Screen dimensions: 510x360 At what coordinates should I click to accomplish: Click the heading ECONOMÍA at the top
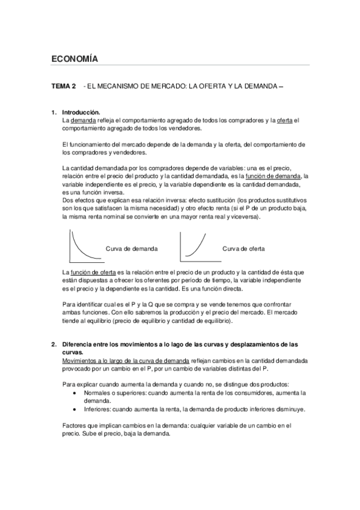75,58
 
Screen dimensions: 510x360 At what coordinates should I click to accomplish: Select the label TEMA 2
64,87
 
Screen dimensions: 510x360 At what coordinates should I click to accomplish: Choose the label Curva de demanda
132,248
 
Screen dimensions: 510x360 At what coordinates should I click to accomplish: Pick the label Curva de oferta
243,248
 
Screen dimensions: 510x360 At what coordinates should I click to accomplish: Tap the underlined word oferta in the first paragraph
284,120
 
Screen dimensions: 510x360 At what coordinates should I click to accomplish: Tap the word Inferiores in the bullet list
97,409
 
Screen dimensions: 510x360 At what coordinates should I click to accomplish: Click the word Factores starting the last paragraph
75,425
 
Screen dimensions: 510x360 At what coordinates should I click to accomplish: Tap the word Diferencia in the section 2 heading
79,345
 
